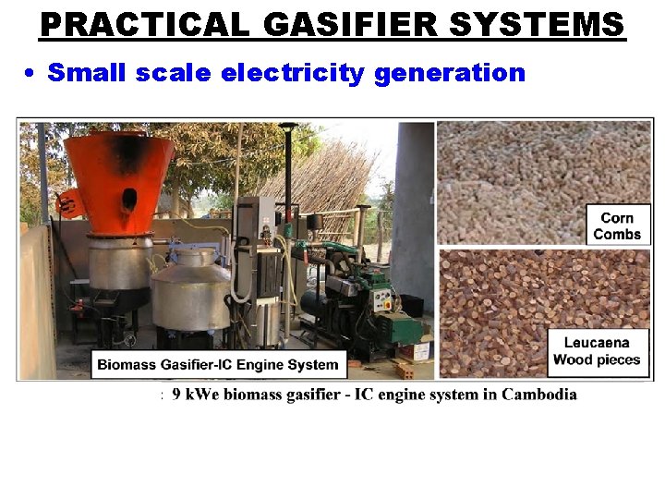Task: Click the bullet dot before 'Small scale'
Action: click(x=30, y=73)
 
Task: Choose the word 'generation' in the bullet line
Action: click(x=450, y=73)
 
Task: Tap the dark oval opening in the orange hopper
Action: click(x=128, y=198)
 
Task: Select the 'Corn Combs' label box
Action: click(x=617, y=225)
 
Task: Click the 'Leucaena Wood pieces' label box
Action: click(x=596, y=351)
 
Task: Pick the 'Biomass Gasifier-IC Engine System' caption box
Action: click(x=218, y=364)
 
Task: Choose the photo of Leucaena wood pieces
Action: click(x=499, y=310)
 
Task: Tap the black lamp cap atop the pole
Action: click(x=288, y=128)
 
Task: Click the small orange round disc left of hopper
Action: click(x=66, y=202)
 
